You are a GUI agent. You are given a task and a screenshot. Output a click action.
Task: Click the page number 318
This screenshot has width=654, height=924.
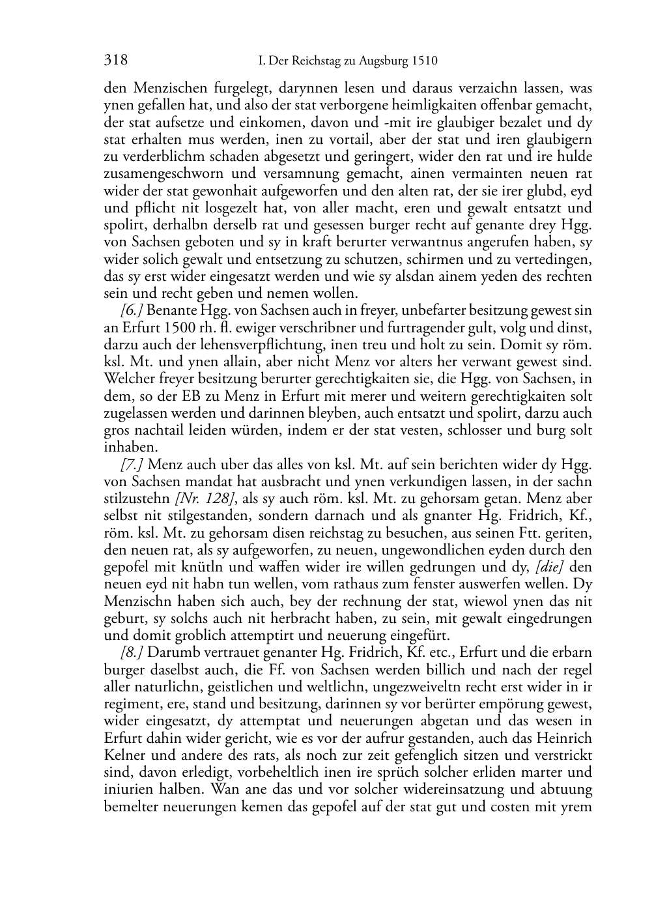(x=115, y=61)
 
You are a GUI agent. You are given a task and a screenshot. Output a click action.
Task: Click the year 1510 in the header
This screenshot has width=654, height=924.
(x=424, y=62)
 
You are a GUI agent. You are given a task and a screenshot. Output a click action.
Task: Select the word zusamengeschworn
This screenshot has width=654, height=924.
(x=162, y=174)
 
